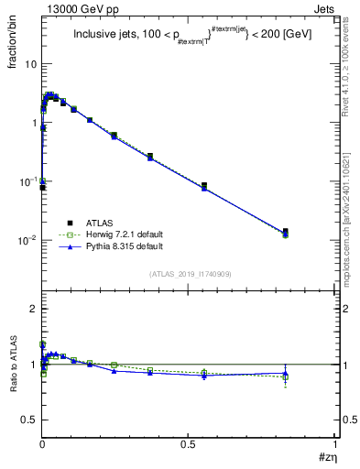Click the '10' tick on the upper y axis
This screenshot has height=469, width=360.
(x=31, y=64)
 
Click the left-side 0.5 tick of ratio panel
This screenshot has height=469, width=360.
(x=28, y=420)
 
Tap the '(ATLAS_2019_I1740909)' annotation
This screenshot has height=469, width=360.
(x=188, y=272)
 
